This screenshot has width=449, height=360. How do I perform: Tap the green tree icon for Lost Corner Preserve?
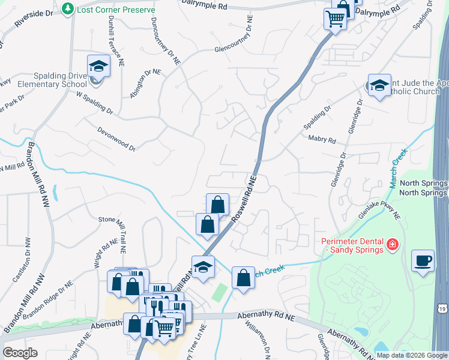[x=67, y=9]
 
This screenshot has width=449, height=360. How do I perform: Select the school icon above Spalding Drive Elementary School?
[x=98, y=66]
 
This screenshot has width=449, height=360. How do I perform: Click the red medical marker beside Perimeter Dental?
[x=392, y=245]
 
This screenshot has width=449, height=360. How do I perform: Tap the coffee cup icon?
[x=423, y=261]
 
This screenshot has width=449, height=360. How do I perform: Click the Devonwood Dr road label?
[x=116, y=139]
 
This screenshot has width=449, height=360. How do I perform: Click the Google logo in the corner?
[x=20, y=352]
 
